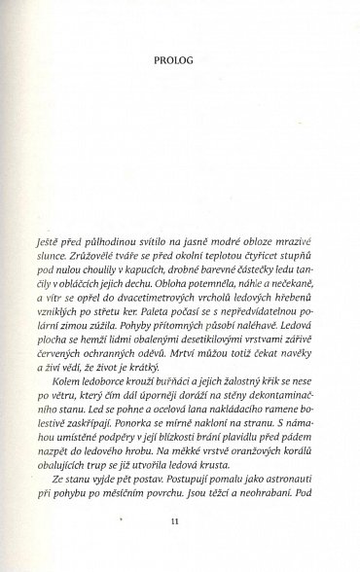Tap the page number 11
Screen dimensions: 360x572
[x=176, y=520]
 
